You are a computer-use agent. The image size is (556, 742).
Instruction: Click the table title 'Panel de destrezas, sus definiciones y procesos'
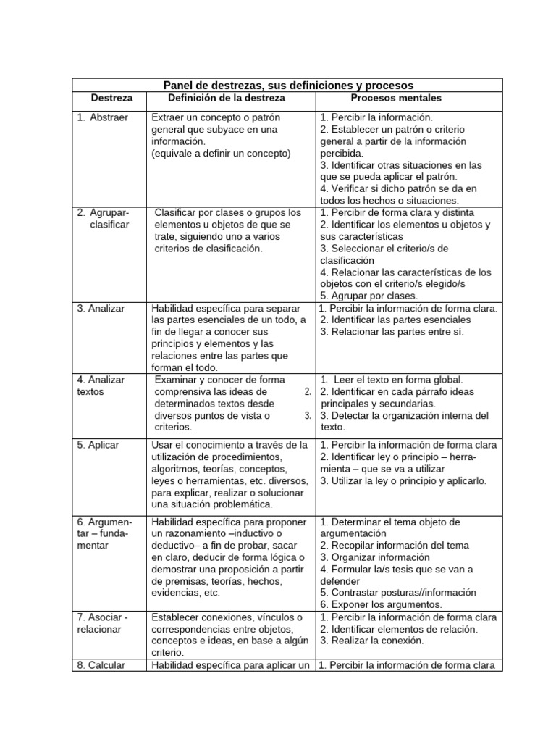pos(287,85)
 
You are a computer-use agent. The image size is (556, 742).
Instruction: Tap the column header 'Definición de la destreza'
pos(227,98)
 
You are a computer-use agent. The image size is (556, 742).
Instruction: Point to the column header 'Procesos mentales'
pos(396,98)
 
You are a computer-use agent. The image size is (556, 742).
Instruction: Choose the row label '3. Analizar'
pos(101,308)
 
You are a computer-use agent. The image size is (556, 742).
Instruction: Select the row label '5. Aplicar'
pos(98,445)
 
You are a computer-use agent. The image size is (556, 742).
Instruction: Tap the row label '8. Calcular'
pos(101,664)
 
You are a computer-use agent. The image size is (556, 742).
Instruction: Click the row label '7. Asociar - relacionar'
pos(102,622)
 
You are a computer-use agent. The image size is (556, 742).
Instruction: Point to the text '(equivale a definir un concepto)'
pos(221,153)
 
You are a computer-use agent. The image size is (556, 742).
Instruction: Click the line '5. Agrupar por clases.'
pos(368,296)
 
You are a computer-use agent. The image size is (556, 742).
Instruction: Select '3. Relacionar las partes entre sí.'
pos(392,332)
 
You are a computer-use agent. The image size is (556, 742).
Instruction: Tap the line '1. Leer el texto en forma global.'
pos(393,380)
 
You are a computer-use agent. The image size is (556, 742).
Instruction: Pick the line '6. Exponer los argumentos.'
pos(381,604)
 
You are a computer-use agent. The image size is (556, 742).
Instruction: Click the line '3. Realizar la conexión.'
pos(371,641)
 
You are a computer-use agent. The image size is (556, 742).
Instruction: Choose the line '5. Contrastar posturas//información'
pos(397,592)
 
